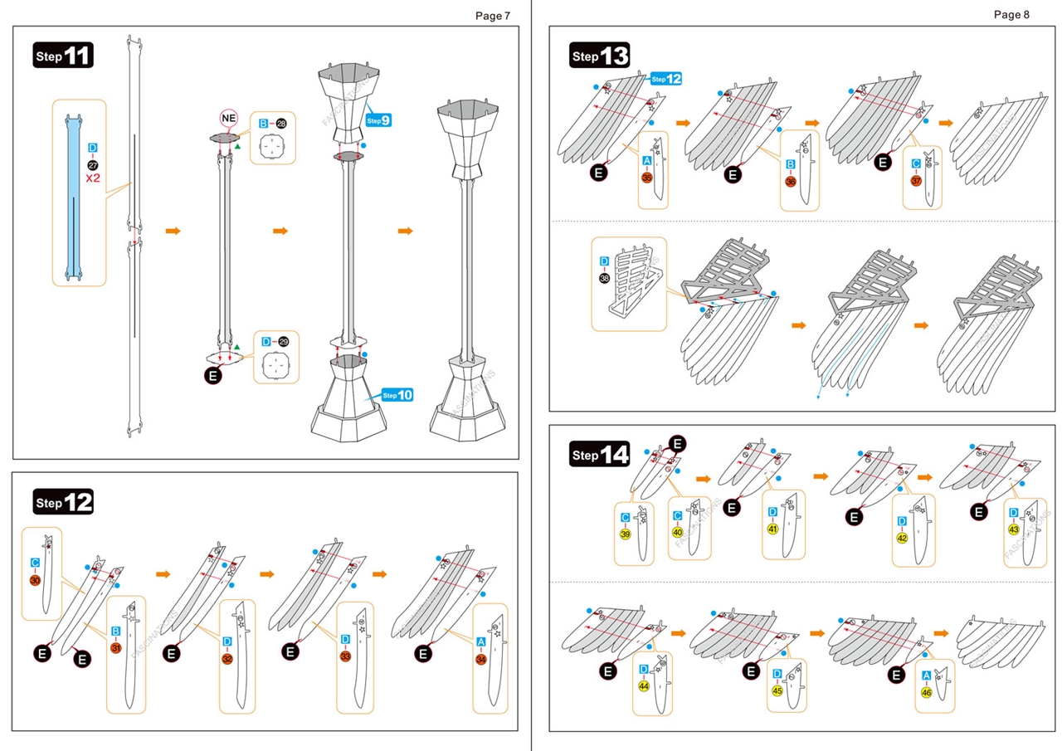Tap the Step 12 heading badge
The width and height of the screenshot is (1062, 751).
[64, 501]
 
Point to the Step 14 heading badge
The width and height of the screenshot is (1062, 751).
[600, 455]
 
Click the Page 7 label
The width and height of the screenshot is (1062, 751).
[493, 16]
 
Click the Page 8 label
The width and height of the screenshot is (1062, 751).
[1011, 15]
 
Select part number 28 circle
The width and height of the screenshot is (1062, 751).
[281, 124]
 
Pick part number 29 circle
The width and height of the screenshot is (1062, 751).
[283, 342]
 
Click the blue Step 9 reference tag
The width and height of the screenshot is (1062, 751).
[377, 120]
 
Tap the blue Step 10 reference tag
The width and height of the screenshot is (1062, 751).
[397, 395]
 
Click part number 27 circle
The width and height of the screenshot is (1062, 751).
[93, 164]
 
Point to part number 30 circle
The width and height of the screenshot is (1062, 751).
[35, 580]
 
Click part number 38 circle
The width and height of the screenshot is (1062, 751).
[604, 278]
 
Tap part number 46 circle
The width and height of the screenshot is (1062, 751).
[926, 692]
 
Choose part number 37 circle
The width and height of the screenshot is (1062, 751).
[916, 181]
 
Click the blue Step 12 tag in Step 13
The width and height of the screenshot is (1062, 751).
[666, 79]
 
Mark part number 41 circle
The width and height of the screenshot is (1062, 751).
[772, 529]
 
